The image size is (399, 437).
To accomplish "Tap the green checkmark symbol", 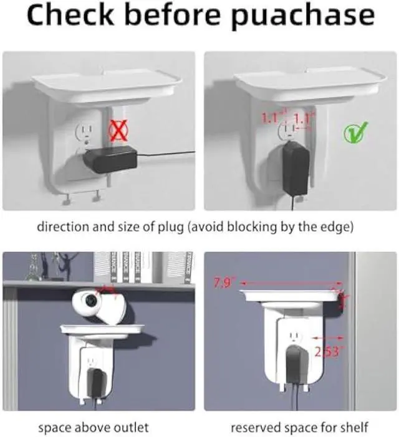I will tap(356, 131).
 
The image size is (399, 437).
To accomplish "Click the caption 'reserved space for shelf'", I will tap(299, 428).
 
